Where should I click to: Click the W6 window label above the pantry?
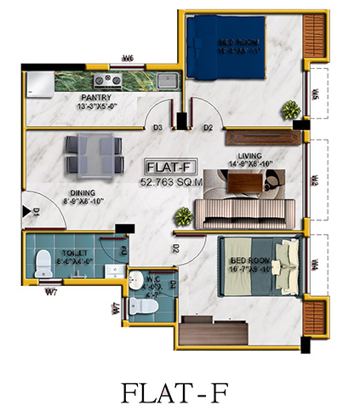128,59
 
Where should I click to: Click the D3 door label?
157,128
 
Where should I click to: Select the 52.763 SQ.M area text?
169,181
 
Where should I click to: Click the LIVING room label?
249,157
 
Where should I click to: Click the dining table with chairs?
90,154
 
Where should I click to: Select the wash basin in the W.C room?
139,278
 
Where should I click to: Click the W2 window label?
314,182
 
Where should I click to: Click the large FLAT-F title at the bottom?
179,393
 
